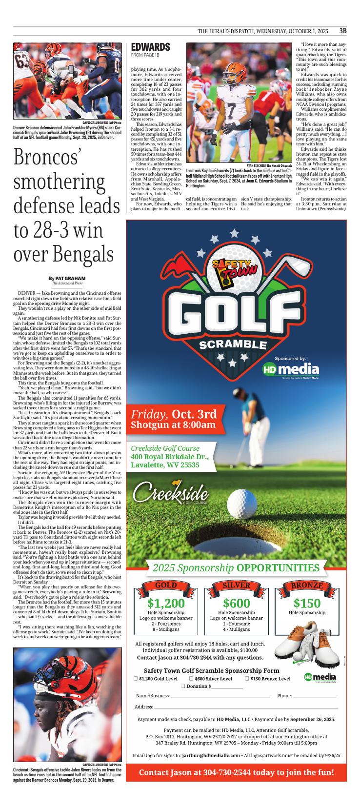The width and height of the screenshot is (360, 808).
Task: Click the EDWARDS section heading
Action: point(151,47)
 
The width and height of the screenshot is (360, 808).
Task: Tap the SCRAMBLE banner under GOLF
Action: point(233,344)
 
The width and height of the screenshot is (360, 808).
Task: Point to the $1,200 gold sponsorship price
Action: point(166,603)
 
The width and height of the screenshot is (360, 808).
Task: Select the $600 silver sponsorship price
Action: point(236,603)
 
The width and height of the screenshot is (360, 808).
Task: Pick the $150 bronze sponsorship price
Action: point(307,603)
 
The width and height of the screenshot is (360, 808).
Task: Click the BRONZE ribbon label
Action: point(307,586)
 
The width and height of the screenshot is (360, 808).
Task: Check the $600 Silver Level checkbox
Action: point(191,678)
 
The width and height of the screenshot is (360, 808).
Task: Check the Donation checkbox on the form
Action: point(183,686)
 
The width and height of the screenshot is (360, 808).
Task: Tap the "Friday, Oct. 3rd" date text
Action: point(174,414)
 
